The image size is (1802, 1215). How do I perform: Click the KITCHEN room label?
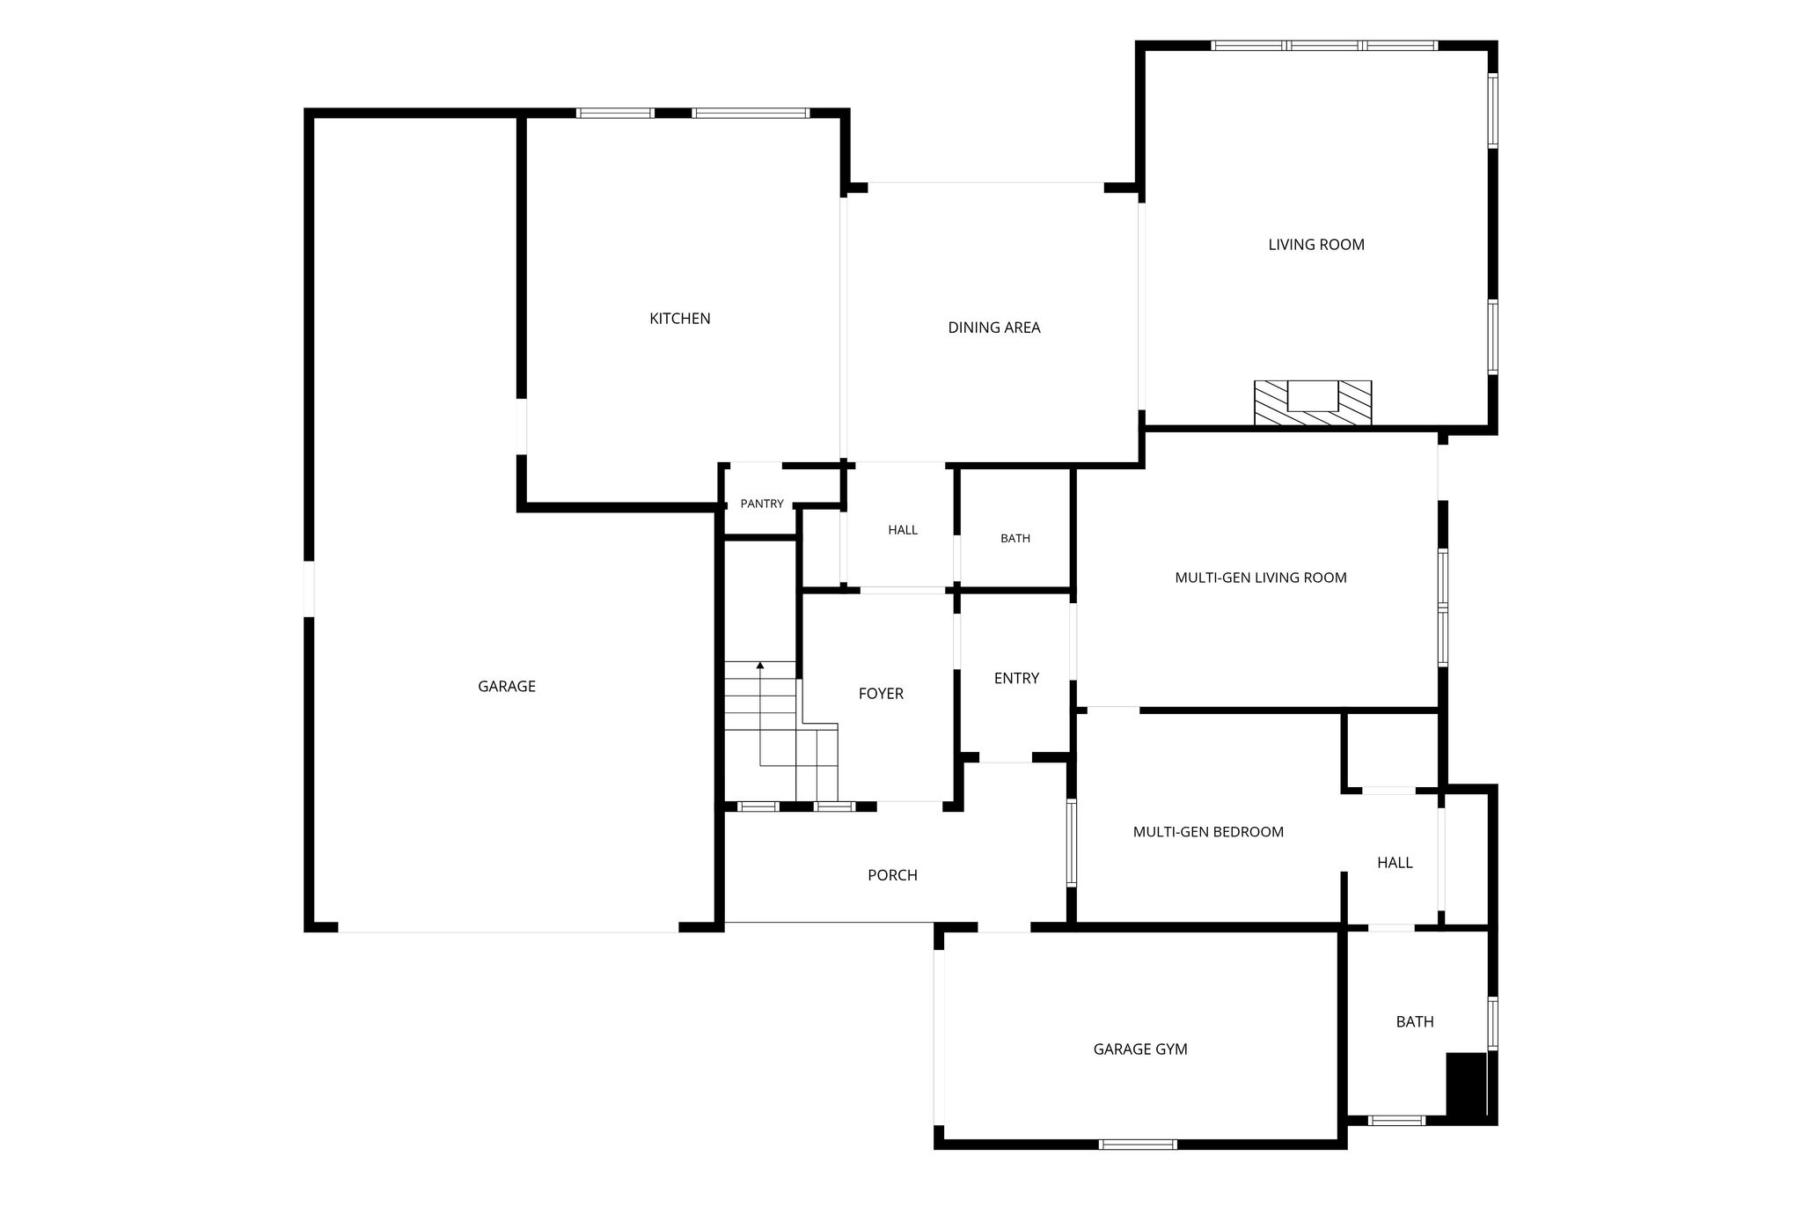[x=679, y=319]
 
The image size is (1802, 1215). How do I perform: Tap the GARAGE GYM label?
[x=1140, y=1049]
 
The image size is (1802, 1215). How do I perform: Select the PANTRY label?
[x=762, y=504]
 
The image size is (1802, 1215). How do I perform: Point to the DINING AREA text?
[x=994, y=328]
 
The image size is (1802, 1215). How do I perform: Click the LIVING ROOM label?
[x=1316, y=245]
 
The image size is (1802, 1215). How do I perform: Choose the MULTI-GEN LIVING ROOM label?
[x=1261, y=578]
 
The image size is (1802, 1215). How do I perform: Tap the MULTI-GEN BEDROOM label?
[x=1208, y=832]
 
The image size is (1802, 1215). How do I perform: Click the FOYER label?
[x=881, y=694]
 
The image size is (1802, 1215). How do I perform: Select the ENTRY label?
[x=1016, y=678]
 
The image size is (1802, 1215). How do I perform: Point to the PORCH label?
[x=892, y=875]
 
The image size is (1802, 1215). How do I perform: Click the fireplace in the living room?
[x=1313, y=403]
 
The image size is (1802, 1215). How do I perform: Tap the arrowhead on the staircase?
[x=760, y=666]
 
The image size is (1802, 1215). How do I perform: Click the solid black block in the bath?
[x=1467, y=1086]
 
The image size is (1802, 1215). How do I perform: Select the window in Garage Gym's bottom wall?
[x=1138, y=1145]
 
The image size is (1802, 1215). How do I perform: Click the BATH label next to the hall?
[x=1015, y=539]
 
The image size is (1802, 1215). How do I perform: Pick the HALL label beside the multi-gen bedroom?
[x=1395, y=863]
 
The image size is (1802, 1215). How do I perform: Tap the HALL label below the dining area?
[x=903, y=530]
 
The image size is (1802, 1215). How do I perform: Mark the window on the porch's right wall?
[x=1072, y=843]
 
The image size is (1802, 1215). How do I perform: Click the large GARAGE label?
[x=507, y=687]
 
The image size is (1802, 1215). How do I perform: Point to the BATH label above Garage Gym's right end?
[x=1415, y=1022]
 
